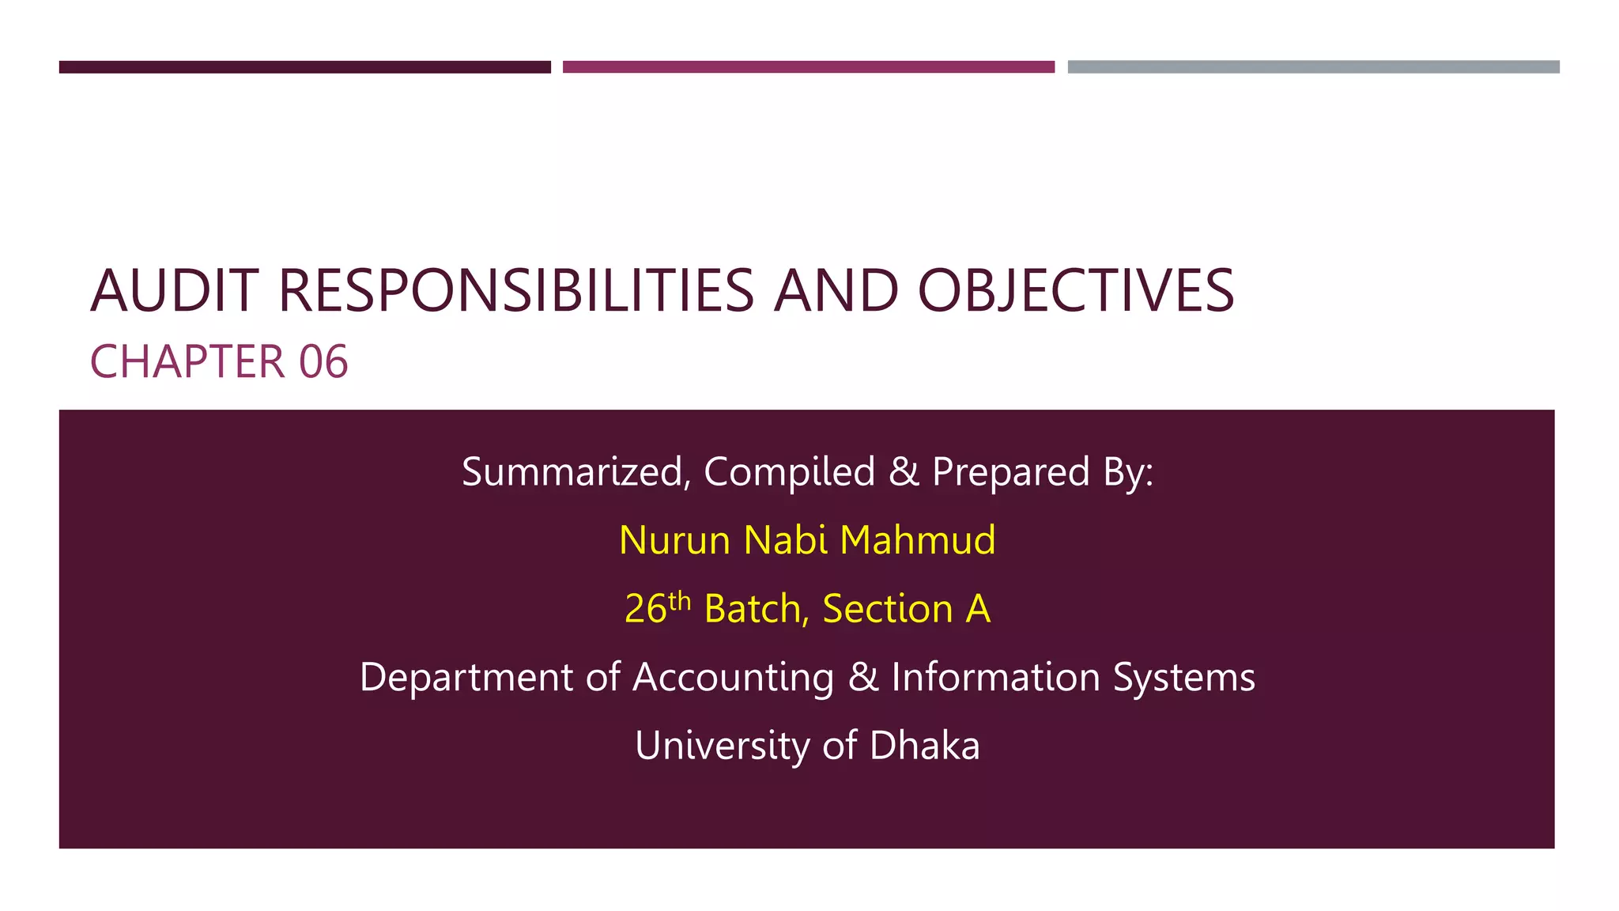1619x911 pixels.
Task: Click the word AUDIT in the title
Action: click(x=174, y=291)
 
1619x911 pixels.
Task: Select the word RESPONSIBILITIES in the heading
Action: click(x=516, y=291)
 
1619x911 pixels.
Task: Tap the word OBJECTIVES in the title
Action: click(x=1075, y=291)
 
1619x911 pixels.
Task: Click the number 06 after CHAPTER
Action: click(x=323, y=362)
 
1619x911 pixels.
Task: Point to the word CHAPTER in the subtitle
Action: click(x=187, y=362)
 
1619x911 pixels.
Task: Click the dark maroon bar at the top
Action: click(x=304, y=67)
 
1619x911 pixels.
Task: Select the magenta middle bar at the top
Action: click(x=808, y=67)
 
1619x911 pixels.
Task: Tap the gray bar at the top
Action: click(x=1313, y=67)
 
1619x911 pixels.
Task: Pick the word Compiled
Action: click(x=789, y=472)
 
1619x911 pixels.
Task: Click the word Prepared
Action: click(x=1011, y=472)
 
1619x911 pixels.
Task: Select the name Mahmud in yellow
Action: click(x=917, y=541)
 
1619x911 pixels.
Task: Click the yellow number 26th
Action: click(x=657, y=609)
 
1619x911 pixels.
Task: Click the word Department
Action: click(x=466, y=678)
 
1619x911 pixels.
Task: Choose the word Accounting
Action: click(x=733, y=678)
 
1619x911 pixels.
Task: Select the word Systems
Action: click(x=1183, y=678)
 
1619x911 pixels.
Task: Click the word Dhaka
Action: click(x=924, y=746)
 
